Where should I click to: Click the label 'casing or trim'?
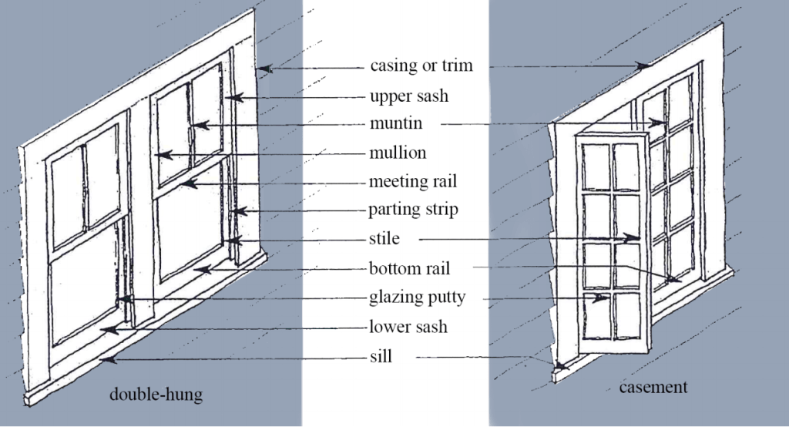421,66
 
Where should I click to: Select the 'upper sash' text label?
408,96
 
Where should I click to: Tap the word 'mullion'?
398,153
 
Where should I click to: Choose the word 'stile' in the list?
384,239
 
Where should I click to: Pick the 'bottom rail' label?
409,269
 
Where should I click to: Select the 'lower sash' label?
408,328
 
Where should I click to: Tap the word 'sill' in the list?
381,357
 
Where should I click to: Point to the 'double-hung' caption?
156,395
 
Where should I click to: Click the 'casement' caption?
653,387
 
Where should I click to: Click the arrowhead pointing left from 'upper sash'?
229,98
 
